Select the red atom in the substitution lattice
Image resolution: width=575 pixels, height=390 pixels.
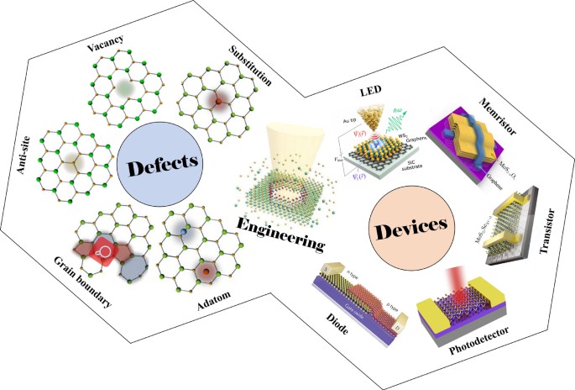(218, 102)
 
